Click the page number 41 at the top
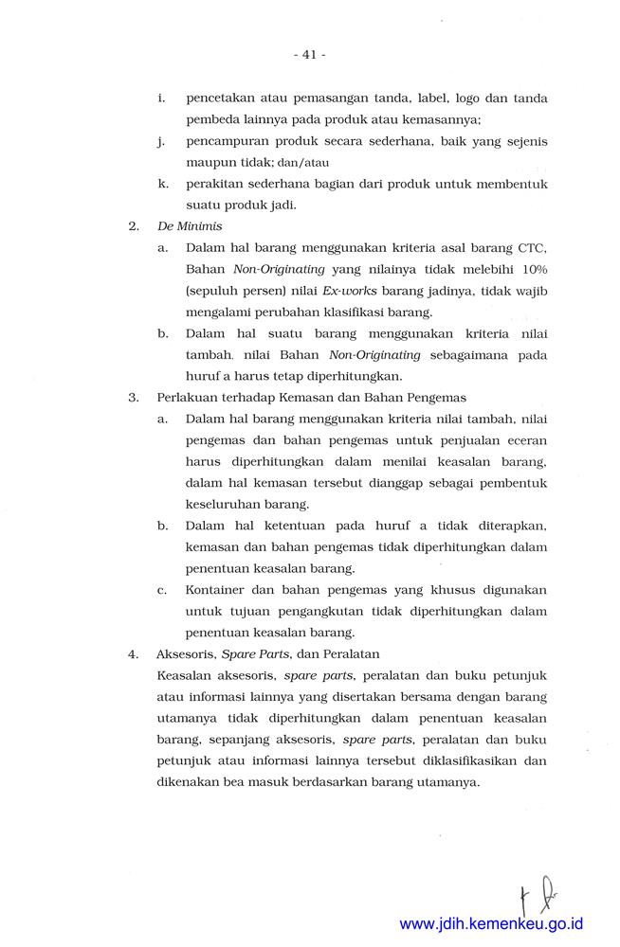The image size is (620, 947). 309,55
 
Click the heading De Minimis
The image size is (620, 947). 190,227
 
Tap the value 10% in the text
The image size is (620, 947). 532,269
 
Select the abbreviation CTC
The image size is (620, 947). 532,248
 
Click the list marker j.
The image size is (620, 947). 162,141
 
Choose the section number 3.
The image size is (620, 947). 133,397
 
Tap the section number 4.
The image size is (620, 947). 133,653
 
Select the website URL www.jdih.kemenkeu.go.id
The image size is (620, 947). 491,923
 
